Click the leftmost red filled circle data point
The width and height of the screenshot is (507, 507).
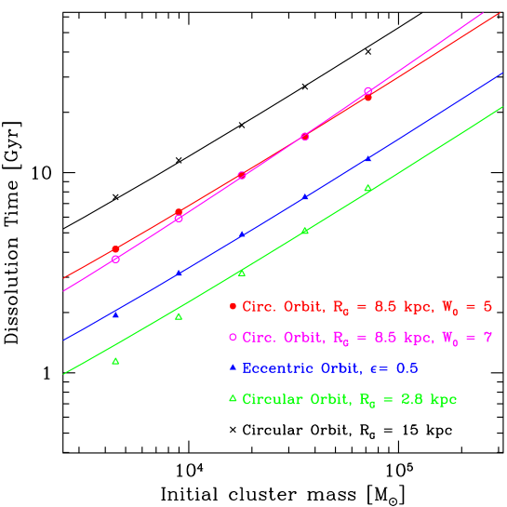coord(115,249)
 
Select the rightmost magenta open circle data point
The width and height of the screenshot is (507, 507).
coord(368,91)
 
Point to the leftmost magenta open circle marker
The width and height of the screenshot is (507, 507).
coord(115,259)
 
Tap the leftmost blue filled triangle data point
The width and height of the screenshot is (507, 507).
coord(115,314)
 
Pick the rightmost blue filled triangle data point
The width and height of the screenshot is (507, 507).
coord(368,158)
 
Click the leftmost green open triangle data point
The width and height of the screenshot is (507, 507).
coord(115,361)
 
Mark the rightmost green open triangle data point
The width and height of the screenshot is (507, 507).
coord(368,188)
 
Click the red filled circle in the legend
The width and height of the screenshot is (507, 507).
coord(233,306)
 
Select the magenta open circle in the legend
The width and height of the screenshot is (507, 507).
coord(233,337)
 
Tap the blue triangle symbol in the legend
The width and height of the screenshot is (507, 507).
coord(233,367)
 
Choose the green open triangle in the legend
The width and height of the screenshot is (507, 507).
coord(233,399)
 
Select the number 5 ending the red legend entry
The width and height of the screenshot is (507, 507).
coord(487,306)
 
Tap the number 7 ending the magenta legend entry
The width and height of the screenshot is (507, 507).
coord(487,337)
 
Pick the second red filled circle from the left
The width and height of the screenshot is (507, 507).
coord(179,213)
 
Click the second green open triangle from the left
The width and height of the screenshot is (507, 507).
coord(179,316)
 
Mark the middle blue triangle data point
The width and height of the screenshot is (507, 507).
coord(242,234)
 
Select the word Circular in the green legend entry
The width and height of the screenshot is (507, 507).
coord(271,399)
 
